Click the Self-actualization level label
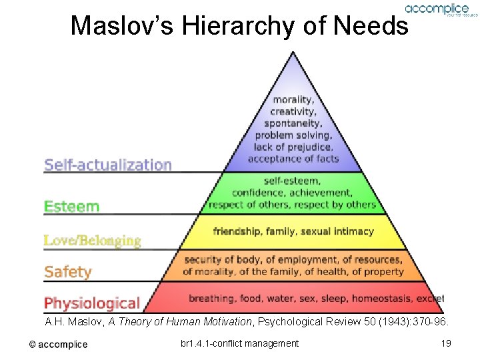click(x=108, y=165)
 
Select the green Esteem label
click(x=71, y=206)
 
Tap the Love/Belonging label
click(x=93, y=240)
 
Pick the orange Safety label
click(x=67, y=271)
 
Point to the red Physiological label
click(x=92, y=303)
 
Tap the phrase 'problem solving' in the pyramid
click(x=293, y=135)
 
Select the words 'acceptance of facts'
click(x=293, y=159)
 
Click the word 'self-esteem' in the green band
click(x=292, y=181)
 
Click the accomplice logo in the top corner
click(x=437, y=9)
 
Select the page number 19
click(x=447, y=343)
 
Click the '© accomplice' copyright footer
click(x=58, y=344)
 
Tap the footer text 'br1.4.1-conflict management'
click(x=239, y=343)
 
